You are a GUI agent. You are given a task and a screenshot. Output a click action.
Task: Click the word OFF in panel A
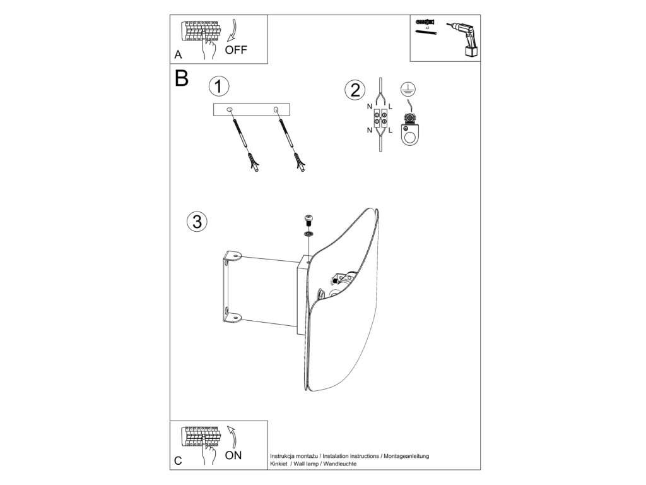click(x=236, y=51)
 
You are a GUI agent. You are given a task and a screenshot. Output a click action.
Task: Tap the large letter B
click(x=181, y=78)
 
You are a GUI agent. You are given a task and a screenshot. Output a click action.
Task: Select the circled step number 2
click(x=354, y=90)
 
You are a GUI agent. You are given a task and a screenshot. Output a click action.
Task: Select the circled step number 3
click(x=197, y=221)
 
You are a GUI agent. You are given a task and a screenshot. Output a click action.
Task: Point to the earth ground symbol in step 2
click(x=408, y=89)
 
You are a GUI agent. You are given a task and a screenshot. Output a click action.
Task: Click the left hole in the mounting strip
click(x=230, y=110)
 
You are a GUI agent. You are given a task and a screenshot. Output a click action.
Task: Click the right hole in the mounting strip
click(x=277, y=110)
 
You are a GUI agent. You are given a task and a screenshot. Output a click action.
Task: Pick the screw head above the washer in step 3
click(x=308, y=220)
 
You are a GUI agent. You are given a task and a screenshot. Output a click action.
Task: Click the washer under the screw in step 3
click(x=308, y=234)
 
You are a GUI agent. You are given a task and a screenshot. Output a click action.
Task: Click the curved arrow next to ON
click(x=232, y=436)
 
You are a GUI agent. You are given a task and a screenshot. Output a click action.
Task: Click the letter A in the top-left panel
click(x=179, y=55)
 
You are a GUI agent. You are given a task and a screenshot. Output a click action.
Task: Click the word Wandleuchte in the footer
click(x=339, y=464)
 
